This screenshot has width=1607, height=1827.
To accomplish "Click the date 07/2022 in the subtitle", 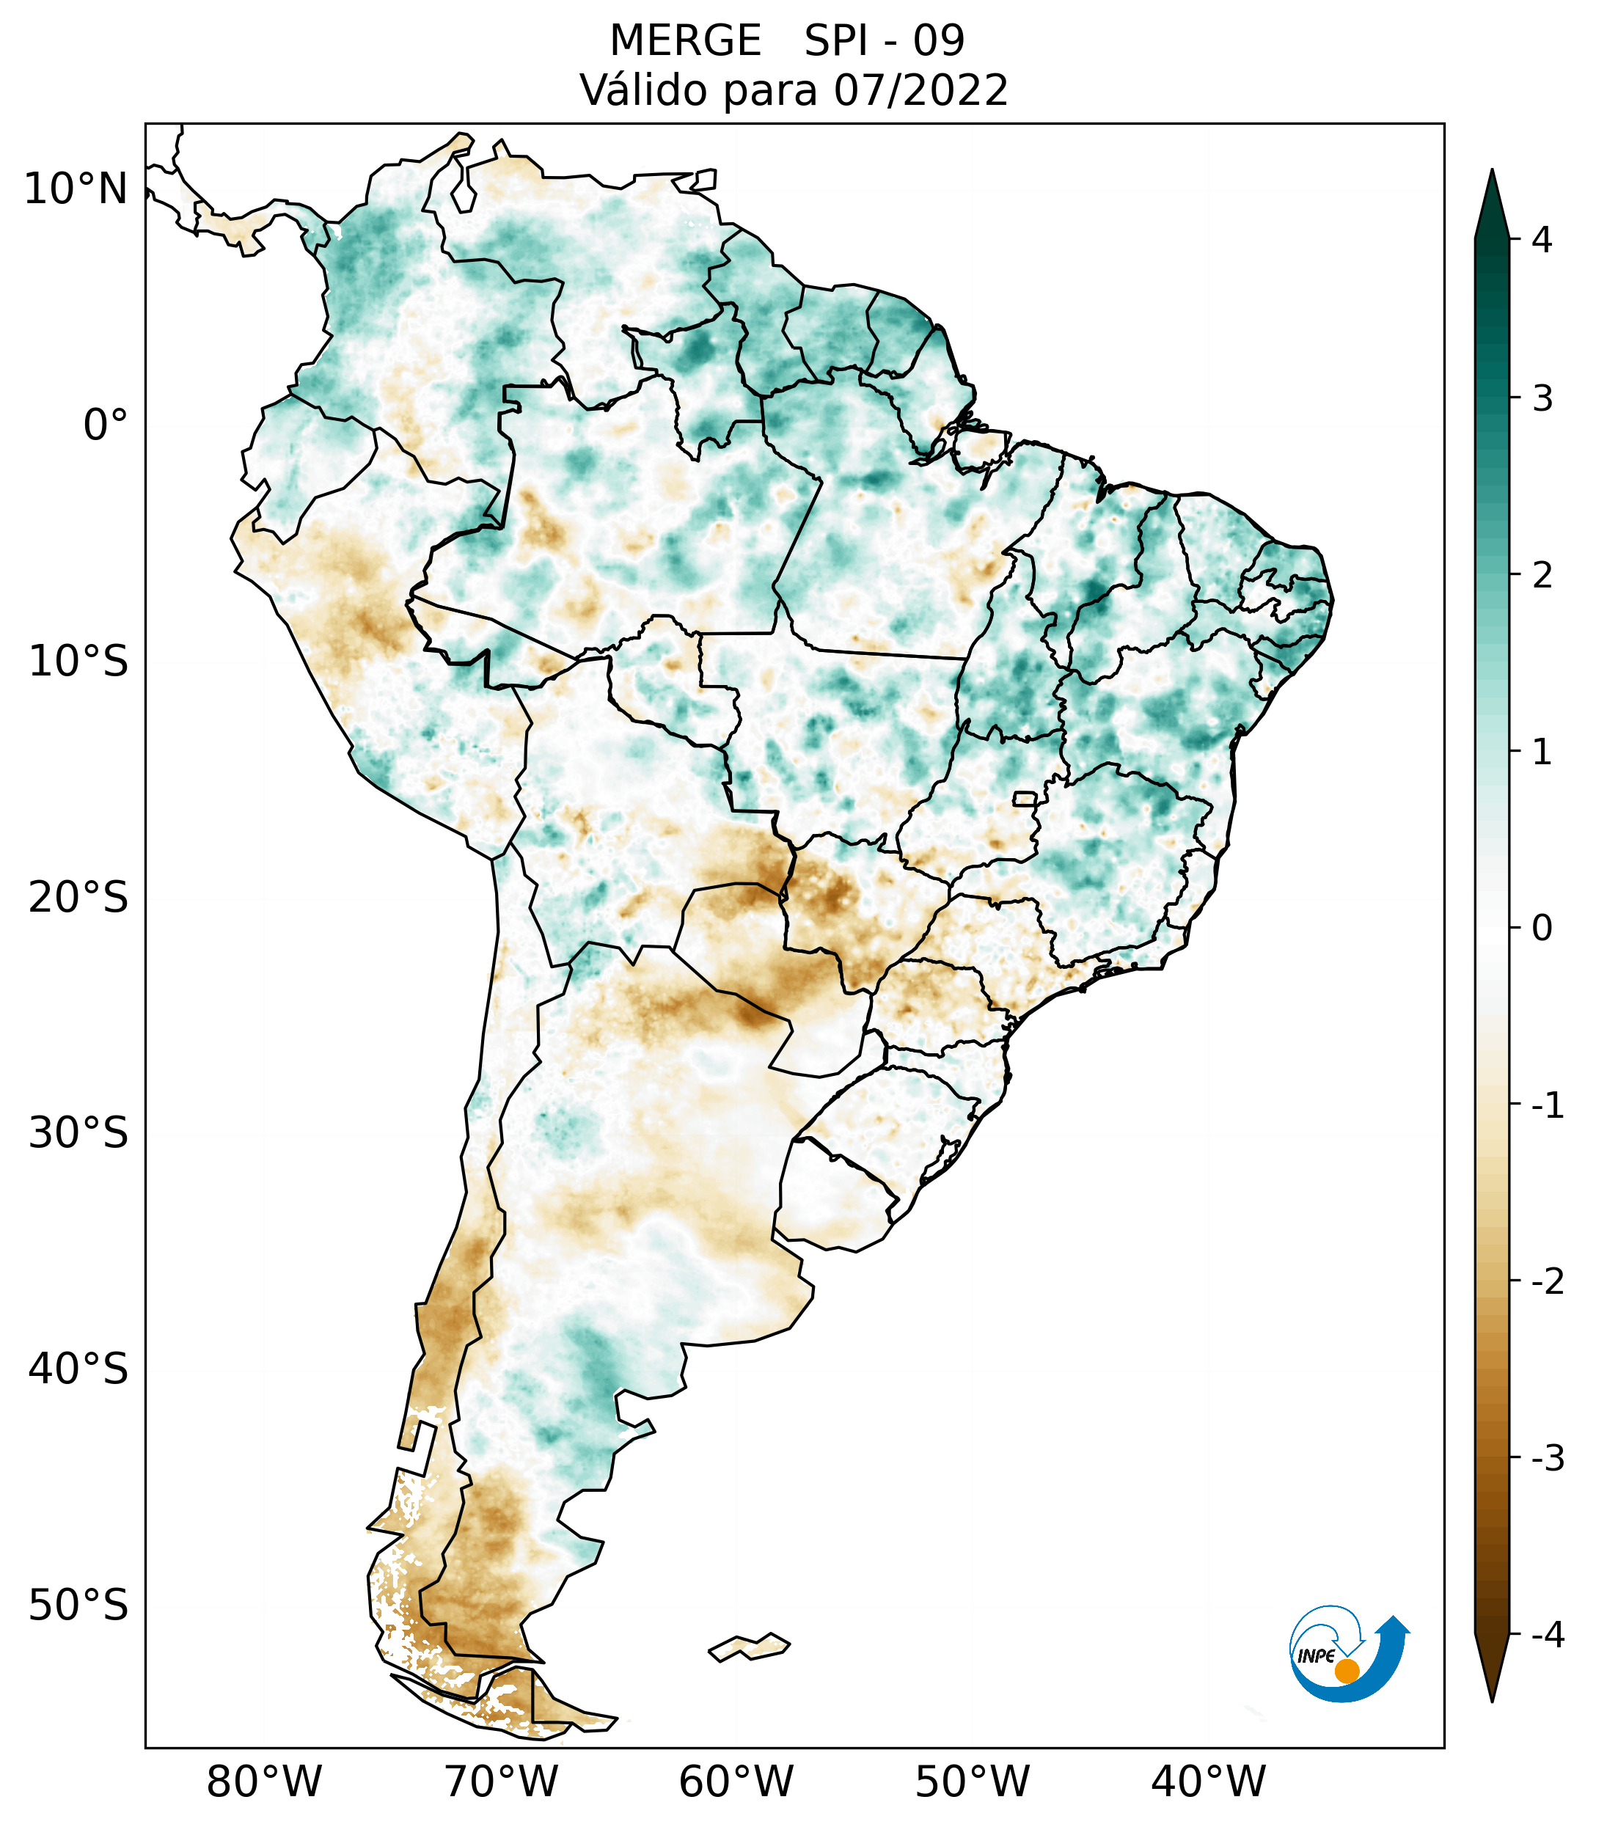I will pyautogui.click(x=920, y=90).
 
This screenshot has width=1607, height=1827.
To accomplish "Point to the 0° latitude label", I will pyautogui.click(x=105, y=425).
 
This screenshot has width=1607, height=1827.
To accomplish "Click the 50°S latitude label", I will pyautogui.click(x=78, y=1606).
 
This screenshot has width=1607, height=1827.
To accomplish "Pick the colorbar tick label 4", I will pyautogui.click(x=1542, y=240).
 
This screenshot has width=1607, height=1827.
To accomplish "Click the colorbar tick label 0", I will pyautogui.click(x=1542, y=929).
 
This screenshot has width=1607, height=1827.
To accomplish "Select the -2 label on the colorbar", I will pyautogui.click(x=1547, y=1282).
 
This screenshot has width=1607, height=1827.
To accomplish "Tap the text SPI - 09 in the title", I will pyautogui.click(x=884, y=41).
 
